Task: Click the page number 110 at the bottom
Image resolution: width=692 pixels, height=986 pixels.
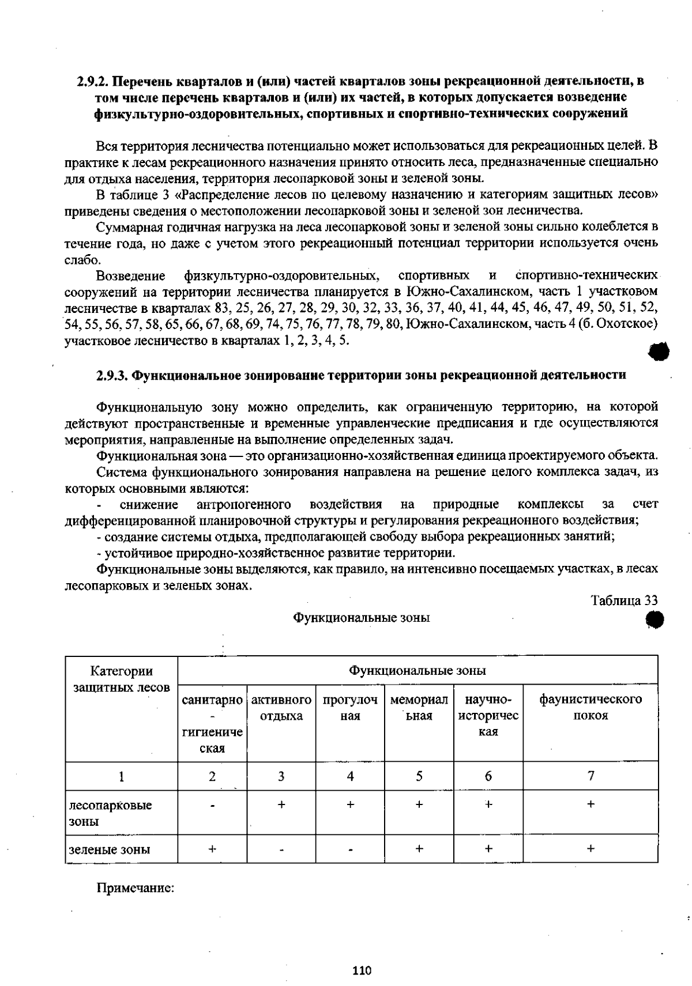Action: coord(362,970)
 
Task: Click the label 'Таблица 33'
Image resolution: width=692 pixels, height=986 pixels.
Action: coord(624,600)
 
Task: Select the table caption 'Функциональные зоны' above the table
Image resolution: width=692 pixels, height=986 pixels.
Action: coord(362,618)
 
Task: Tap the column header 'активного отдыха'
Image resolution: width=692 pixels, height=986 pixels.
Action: coord(281,708)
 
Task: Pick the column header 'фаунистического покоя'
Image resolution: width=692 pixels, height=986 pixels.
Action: coord(591,708)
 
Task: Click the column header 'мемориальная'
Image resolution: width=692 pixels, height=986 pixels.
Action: coord(419,708)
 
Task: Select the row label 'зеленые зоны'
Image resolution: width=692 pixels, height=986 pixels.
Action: coord(110,849)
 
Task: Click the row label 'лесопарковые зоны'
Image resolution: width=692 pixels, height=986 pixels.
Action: coord(110,813)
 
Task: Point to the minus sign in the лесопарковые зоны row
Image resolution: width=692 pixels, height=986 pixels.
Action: coord(212,806)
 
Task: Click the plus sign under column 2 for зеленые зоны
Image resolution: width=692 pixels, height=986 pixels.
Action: coord(212,849)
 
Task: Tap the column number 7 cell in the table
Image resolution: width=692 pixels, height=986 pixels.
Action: coord(591,776)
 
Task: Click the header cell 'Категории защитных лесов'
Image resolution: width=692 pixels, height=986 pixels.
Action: coord(122,679)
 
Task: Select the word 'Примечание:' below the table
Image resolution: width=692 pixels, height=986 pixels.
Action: coord(135,888)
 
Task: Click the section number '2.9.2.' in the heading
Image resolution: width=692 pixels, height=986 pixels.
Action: coord(93,81)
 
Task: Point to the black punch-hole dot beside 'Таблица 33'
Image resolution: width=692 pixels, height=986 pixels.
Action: coord(655,620)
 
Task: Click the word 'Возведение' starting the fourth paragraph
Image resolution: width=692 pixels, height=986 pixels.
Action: coord(130,276)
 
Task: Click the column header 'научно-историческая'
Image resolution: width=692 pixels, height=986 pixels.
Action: coord(488,716)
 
